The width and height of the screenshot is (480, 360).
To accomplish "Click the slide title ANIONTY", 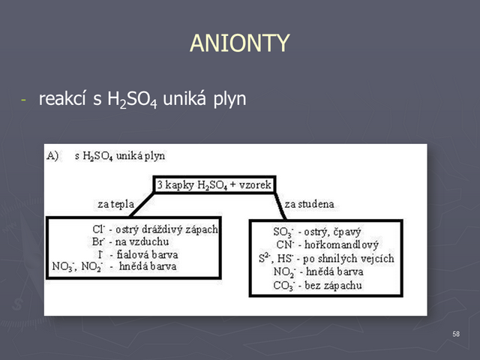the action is (x=240, y=43).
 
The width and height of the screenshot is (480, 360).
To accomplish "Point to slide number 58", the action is (x=456, y=334).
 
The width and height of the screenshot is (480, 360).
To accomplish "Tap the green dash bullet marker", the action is (x=23, y=100).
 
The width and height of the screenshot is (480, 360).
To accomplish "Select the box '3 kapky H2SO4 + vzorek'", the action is (x=214, y=184).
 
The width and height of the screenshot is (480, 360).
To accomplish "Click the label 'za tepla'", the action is (x=116, y=204).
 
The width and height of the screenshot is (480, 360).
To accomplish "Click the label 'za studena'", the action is (x=309, y=204).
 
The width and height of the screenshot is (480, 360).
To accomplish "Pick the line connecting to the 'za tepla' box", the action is (x=142, y=205).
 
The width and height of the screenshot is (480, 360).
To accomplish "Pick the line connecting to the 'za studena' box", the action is (x=280, y=206).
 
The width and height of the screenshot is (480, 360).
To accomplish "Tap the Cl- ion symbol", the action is (x=98, y=229).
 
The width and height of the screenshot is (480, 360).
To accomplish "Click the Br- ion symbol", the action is (x=98, y=241).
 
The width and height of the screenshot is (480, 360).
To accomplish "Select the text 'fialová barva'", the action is (x=147, y=254).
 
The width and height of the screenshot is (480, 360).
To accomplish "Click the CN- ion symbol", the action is (x=285, y=244).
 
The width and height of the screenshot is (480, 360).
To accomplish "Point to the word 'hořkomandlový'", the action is (x=342, y=244).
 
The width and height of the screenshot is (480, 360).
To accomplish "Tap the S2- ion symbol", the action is (x=265, y=258).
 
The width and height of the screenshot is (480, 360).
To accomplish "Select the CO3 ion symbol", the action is (x=283, y=286).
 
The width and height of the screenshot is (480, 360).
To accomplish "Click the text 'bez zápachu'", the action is (x=333, y=286).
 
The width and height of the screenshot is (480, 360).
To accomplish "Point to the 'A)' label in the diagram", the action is (x=52, y=156).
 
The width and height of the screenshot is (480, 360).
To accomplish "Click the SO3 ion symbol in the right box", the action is (x=283, y=232).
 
